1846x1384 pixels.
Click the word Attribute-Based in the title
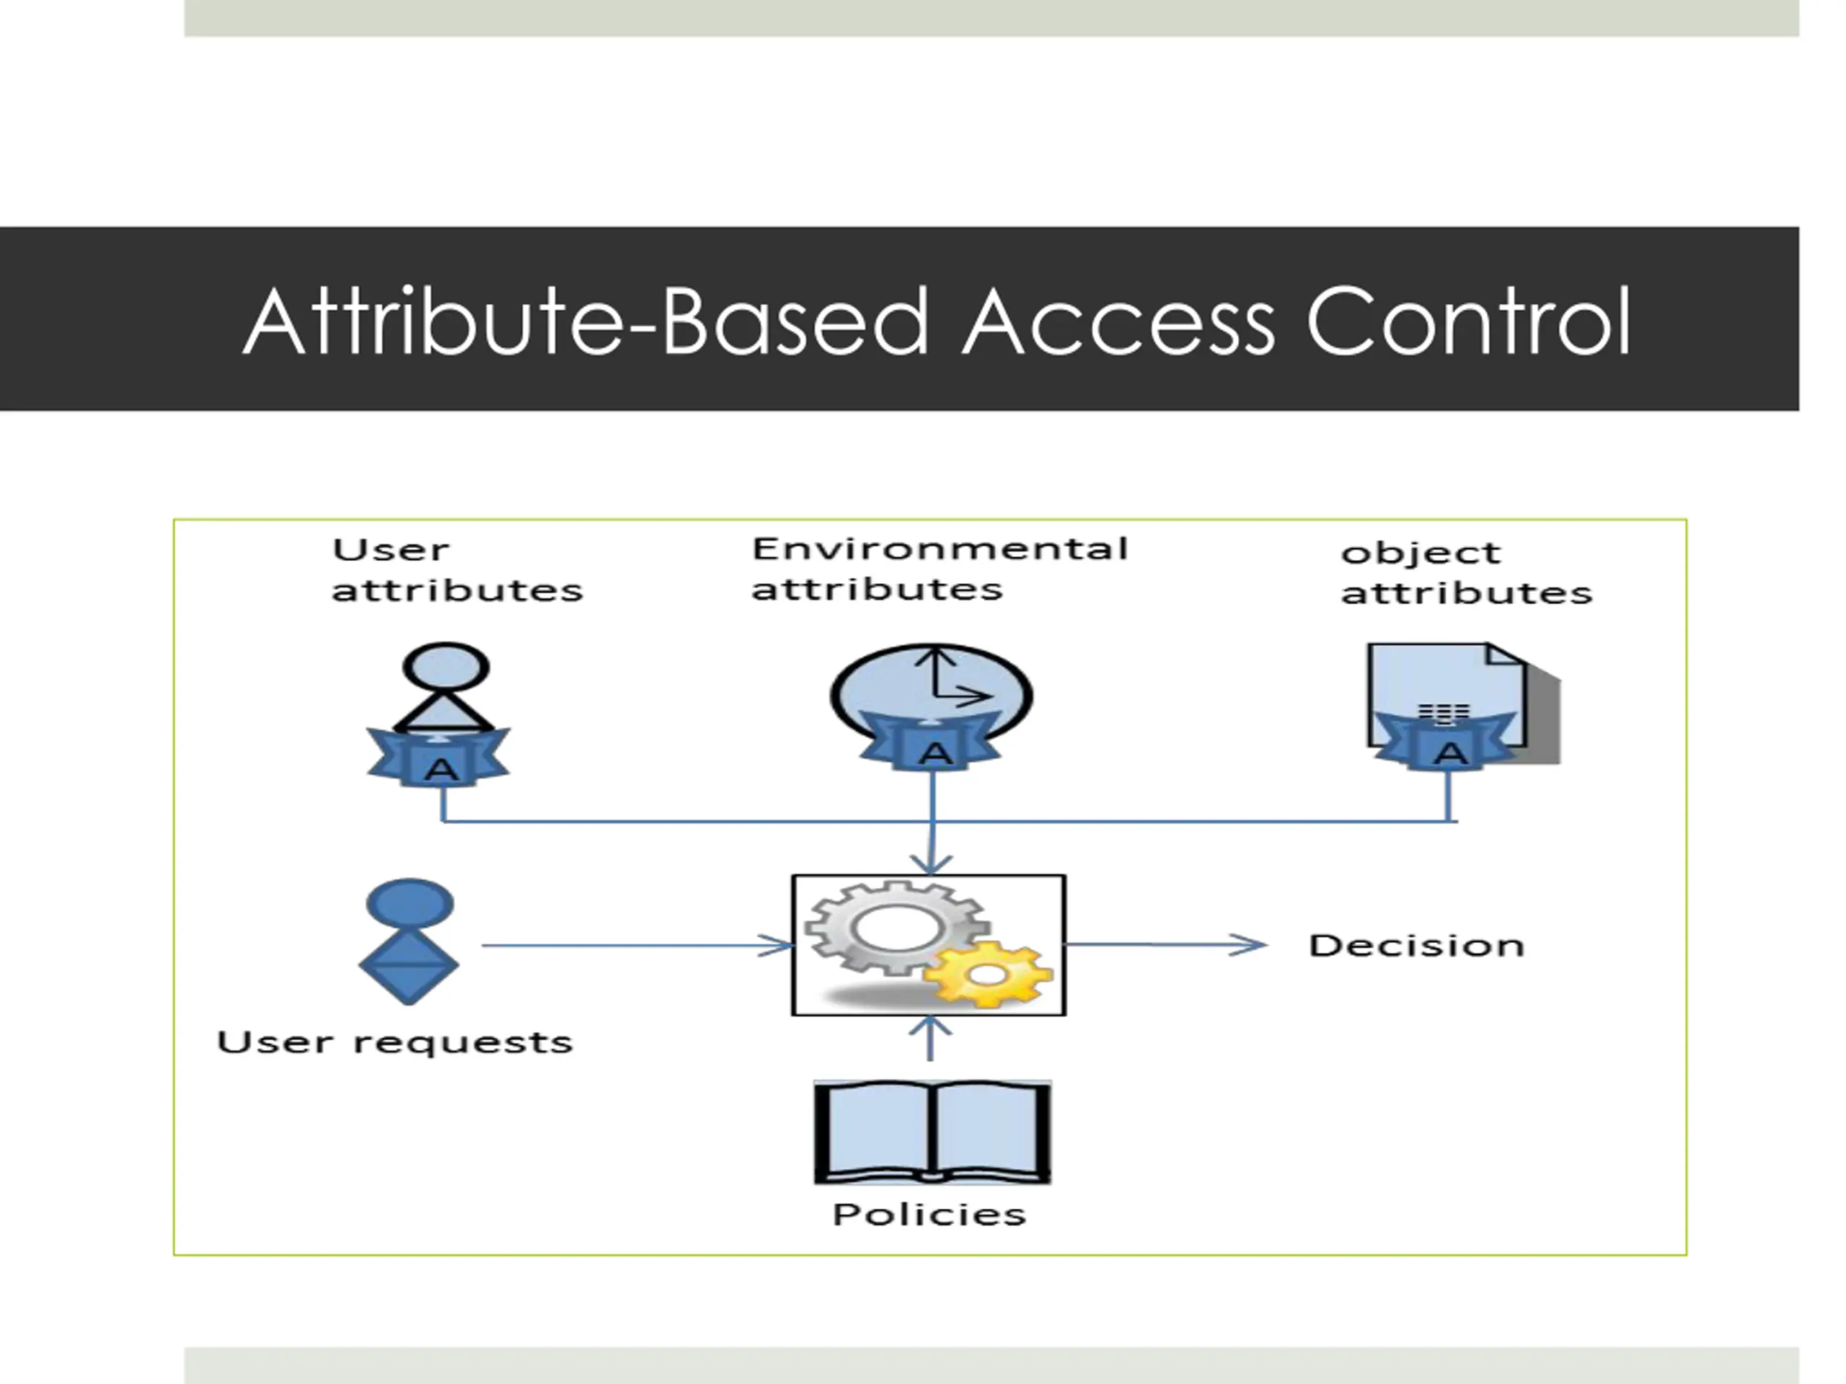pos(586,321)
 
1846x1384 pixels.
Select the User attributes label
pos(457,571)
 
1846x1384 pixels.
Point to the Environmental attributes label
pos(940,569)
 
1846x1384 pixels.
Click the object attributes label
pos(1466,574)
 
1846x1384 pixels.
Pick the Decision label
pos(1416,946)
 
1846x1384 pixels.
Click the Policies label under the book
pos(929,1215)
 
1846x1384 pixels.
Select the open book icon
pos(932,1132)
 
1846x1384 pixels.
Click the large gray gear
pos(897,928)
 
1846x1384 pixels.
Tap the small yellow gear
pos(988,975)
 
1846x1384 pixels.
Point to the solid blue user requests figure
pos(409,941)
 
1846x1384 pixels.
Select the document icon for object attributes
pos(1463,701)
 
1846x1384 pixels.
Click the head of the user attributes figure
pos(446,667)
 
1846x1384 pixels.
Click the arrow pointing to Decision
pos(1167,945)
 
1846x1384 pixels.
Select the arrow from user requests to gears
pos(637,946)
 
